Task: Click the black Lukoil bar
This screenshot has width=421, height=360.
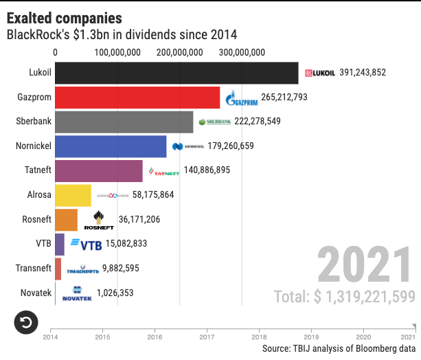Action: [177, 73]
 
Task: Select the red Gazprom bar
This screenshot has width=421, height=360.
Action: [137, 97]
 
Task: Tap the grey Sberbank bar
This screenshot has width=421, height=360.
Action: [124, 122]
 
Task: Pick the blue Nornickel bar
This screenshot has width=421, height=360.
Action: [111, 146]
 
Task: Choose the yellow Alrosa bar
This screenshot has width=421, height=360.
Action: [73, 195]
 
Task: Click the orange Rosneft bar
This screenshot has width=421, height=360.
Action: [66, 220]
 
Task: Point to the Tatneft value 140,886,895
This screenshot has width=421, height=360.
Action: [207, 170]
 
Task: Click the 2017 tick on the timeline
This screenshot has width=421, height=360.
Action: [207, 337]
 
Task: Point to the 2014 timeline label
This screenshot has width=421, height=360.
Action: [50, 337]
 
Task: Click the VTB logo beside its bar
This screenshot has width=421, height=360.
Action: [86, 244]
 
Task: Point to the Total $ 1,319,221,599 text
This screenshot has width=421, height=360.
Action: [344, 297]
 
